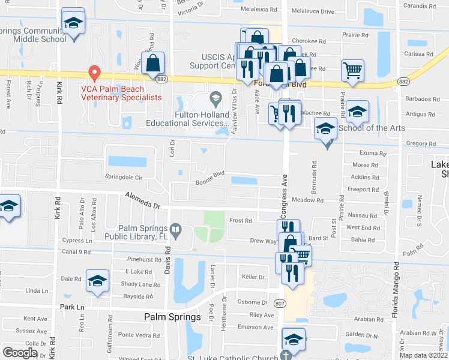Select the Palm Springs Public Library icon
pyautogui.click(x=175, y=228)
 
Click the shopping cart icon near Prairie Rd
pyautogui.click(x=352, y=70)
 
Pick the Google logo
pyautogui.click(x=20, y=353)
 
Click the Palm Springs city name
pyautogui.click(x=172, y=317)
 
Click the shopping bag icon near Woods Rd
pyautogui.click(x=153, y=62)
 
